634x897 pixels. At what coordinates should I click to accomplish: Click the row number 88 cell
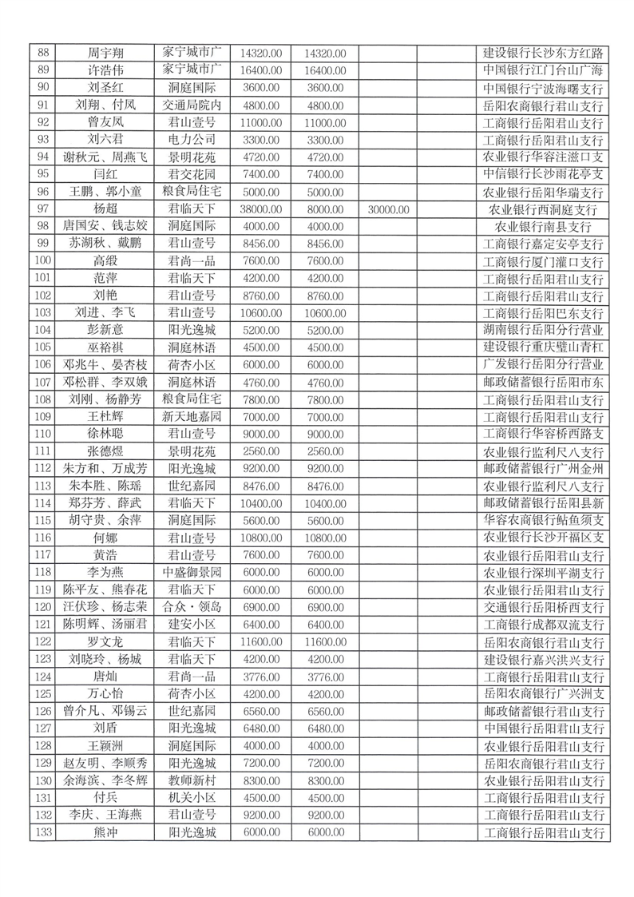pyautogui.click(x=43, y=54)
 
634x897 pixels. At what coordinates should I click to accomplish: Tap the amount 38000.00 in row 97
pyautogui.click(x=261, y=209)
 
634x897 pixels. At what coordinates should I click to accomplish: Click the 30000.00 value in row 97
pyautogui.click(x=390, y=209)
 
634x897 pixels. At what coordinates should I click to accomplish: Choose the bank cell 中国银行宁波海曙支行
pyautogui.click(x=543, y=88)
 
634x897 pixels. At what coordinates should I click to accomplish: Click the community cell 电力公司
pyautogui.click(x=192, y=140)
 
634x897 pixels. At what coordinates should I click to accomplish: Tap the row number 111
pyautogui.click(x=43, y=451)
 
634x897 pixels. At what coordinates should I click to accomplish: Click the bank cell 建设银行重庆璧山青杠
pyautogui.click(x=543, y=347)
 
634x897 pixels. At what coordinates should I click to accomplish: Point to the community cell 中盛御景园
pyautogui.click(x=192, y=573)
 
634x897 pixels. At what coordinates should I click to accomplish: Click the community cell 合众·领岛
pyautogui.click(x=192, y=607)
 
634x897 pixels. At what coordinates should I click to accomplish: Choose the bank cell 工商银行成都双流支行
pyautogui.click(x=543, y=625)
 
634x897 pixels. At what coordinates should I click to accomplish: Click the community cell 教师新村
pyautogui.click(x=192, y=780)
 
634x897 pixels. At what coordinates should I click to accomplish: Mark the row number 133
pyautogui.click(x=43, y=832)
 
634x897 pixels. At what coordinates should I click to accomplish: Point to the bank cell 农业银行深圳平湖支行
pyautogui.click(x=543, y=573)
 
